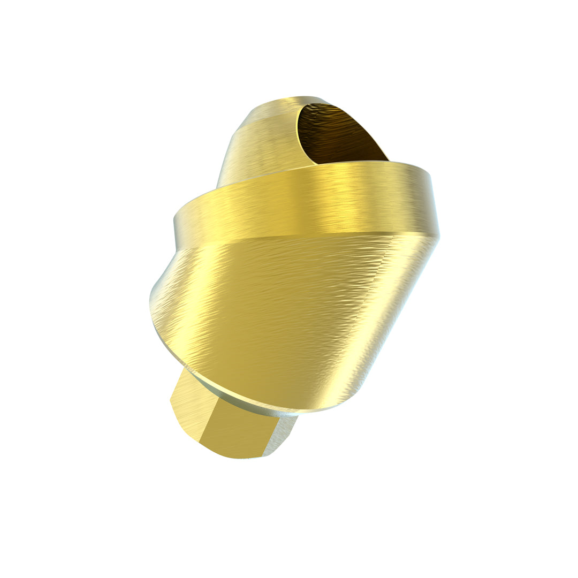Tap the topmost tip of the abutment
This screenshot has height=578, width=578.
click(x=300, y=98)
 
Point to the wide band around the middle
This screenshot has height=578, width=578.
click(x=305, y=201)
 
